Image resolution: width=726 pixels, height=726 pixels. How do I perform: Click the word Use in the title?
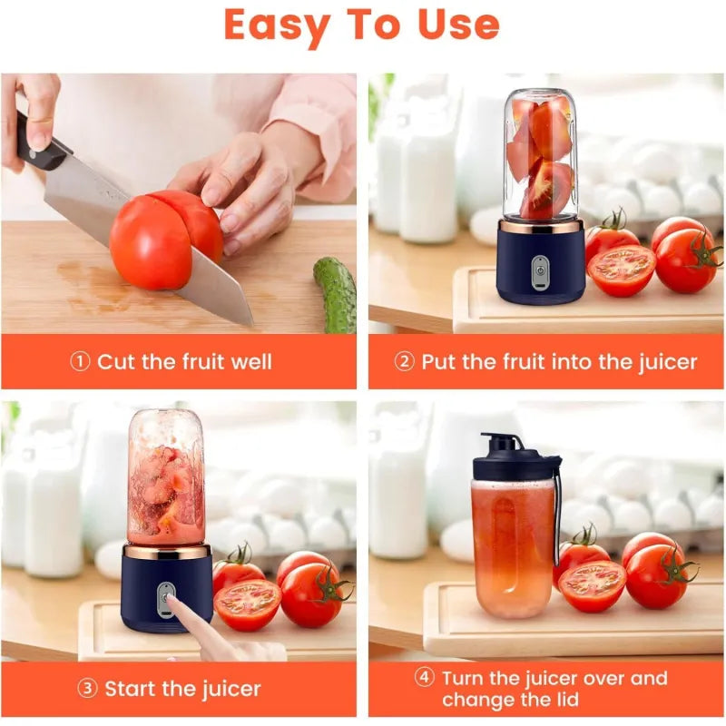458,25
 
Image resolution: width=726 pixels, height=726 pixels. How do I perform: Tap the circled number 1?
80,361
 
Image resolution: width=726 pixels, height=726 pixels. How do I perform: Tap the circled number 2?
404,361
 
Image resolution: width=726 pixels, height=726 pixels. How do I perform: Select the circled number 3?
87,689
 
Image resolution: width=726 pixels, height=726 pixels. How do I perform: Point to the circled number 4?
424,677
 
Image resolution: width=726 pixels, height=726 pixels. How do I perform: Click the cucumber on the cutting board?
336,294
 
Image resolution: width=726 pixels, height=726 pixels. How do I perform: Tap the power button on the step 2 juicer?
540,271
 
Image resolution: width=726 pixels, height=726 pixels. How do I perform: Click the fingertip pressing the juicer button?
172,600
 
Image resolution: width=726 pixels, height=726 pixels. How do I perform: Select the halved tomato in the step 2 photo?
622,270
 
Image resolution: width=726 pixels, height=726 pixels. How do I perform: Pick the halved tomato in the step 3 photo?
247,604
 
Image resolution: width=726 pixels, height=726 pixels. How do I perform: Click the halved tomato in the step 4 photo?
592,586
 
